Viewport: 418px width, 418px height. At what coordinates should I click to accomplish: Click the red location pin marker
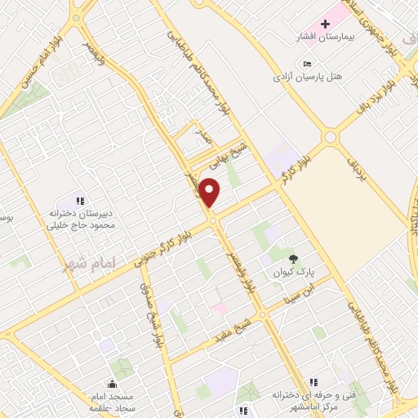point(211,193)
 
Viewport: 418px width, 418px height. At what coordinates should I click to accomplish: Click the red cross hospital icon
point(324,24)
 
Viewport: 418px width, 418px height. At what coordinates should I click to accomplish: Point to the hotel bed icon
point(307,64)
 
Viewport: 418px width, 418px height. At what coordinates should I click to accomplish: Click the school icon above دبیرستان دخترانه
point(80,200)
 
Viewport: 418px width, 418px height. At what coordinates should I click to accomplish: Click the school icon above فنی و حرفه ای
point(311,382)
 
